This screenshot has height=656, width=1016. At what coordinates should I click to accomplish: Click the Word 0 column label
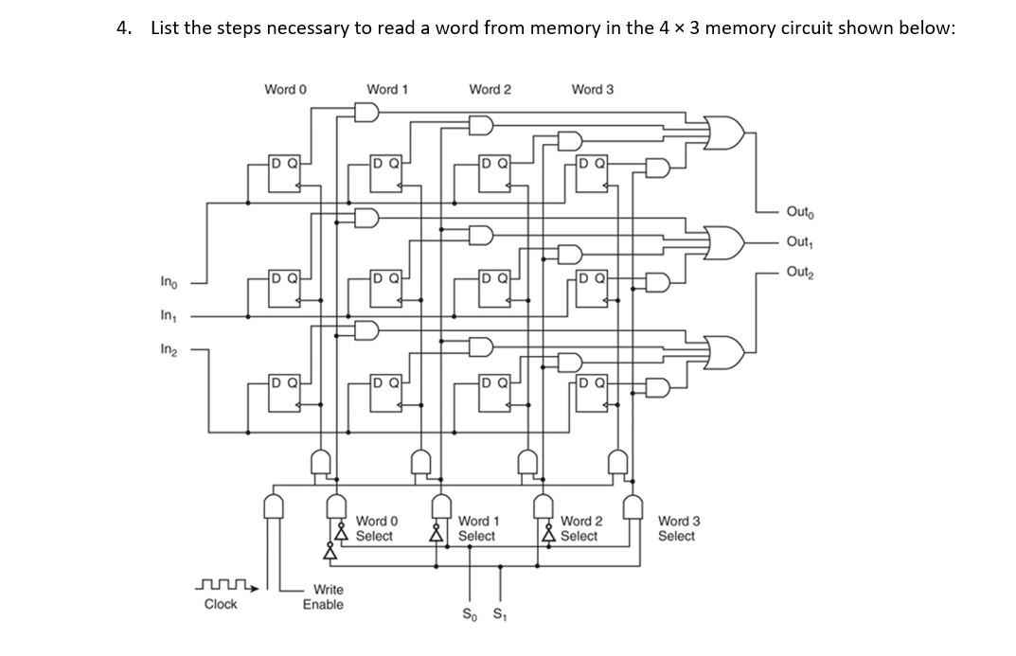point(285,89)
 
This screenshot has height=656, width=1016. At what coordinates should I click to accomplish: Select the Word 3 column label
point(592,89)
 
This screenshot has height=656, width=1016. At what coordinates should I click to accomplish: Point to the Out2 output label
point(799,273)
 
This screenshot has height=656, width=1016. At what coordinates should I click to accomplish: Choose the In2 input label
point(168,349)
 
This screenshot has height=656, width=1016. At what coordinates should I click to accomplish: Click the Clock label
point(221,604)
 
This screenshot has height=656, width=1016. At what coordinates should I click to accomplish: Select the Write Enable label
point(324,596)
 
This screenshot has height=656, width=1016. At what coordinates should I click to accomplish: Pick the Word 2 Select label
point(580,528)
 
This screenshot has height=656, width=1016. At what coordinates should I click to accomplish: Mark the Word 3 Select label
point(678,528)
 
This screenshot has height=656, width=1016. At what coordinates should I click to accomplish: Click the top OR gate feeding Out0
point(725,134)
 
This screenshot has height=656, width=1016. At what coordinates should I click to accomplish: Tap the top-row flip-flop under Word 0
point(285,173)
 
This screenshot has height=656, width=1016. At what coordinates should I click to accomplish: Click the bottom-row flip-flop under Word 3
point(592,394)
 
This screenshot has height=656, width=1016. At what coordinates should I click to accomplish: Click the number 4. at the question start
point(123,27)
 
